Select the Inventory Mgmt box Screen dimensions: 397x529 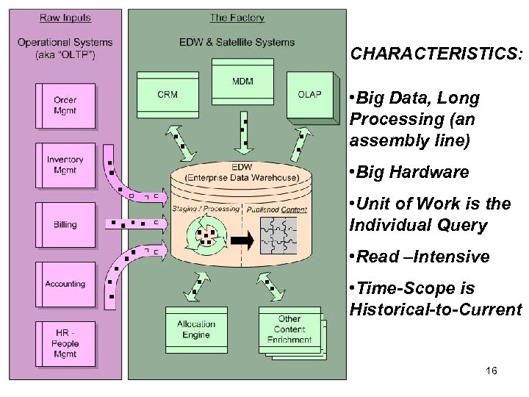pyautogui.click(x=65, y=165)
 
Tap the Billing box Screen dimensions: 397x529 pyautogui.click(x=65, y=224)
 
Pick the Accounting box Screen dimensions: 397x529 pyautogui.click(x=65, y=284)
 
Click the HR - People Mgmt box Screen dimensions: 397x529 pyautogui.click(x=65, y=342)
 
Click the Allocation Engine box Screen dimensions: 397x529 pyautogui.click(x=195, y=329)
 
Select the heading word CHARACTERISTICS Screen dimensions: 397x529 pyautogui.click(x=436, y=54)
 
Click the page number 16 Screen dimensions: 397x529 pyautogui.click(x=492, y=371)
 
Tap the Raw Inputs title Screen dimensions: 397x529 pyautogui.click(x=65, y=18)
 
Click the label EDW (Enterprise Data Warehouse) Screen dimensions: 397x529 pyautogui.click(x=242, y=172)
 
